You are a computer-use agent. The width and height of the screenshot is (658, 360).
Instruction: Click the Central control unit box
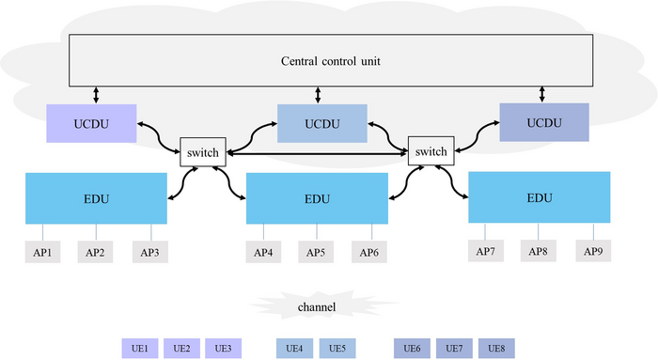pos(331,62)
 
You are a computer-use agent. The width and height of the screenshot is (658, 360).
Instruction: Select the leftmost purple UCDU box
pos(92,124)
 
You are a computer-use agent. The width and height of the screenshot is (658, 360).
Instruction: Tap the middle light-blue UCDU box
pos(317,123)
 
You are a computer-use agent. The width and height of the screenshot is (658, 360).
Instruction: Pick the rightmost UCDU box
pos(541,122)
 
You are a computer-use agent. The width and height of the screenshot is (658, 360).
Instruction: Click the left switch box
pos(203,151)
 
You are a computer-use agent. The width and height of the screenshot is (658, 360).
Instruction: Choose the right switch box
pos(431,151)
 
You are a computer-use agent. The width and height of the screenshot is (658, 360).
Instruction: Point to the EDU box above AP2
pos(97,199)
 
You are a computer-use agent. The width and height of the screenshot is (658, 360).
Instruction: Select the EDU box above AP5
pos(317,199)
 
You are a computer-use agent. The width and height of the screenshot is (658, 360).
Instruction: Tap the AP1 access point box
pos(43,252)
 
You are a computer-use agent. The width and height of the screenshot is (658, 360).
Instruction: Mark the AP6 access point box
pos(369,252)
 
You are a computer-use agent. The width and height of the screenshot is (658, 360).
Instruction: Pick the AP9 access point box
pos(592,251)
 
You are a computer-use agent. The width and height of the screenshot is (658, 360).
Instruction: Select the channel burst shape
pos(316,306)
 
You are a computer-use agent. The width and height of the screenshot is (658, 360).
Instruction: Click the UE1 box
pos(140,349)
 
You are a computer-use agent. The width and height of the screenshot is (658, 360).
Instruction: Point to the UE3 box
pos(223,349)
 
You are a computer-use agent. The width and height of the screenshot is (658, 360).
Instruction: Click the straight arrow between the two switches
pos(317,153)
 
